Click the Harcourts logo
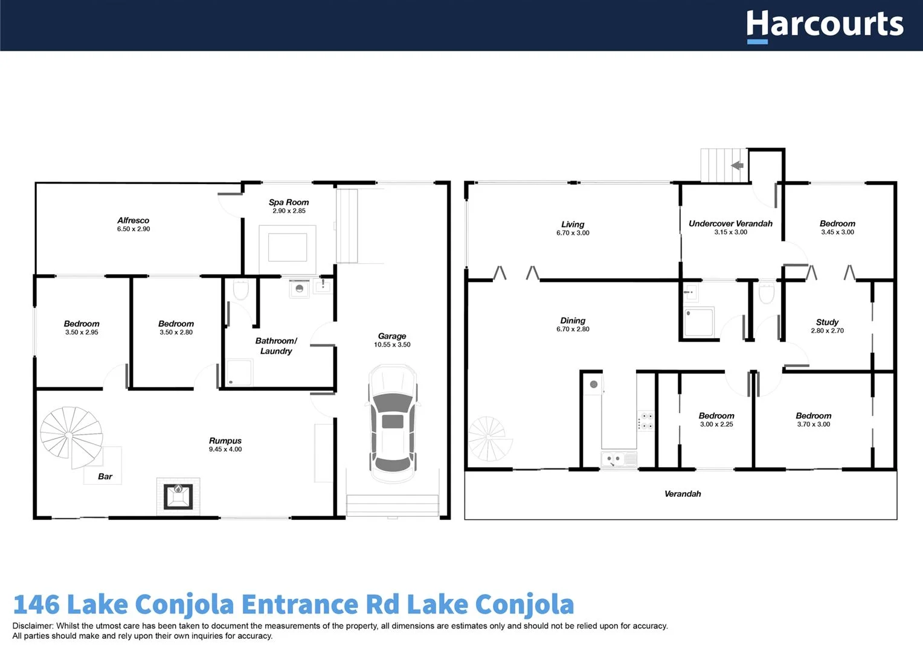point(825,25)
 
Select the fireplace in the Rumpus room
point(178,496)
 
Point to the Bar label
point(105,476)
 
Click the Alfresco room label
point(133,220)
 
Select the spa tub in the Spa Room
point(288,247)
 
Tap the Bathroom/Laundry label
point(276,346)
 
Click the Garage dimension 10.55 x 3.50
point(392,345)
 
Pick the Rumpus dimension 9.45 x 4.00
point(225,449)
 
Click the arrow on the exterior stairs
point(737,165)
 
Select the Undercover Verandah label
point(730,223)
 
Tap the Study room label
point(827,322)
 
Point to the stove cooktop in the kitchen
point(646,421)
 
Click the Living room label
point(573,224)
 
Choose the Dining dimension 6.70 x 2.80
point(573,329)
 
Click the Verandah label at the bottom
point(683,494)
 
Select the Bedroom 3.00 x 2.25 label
point(716,416)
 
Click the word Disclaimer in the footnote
point(33,626)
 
